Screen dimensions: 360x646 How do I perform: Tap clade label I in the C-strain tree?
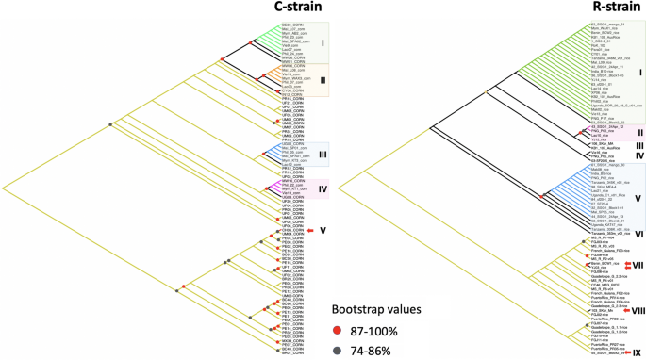coord(321,42)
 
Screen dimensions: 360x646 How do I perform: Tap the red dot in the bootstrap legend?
coord(338,329)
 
